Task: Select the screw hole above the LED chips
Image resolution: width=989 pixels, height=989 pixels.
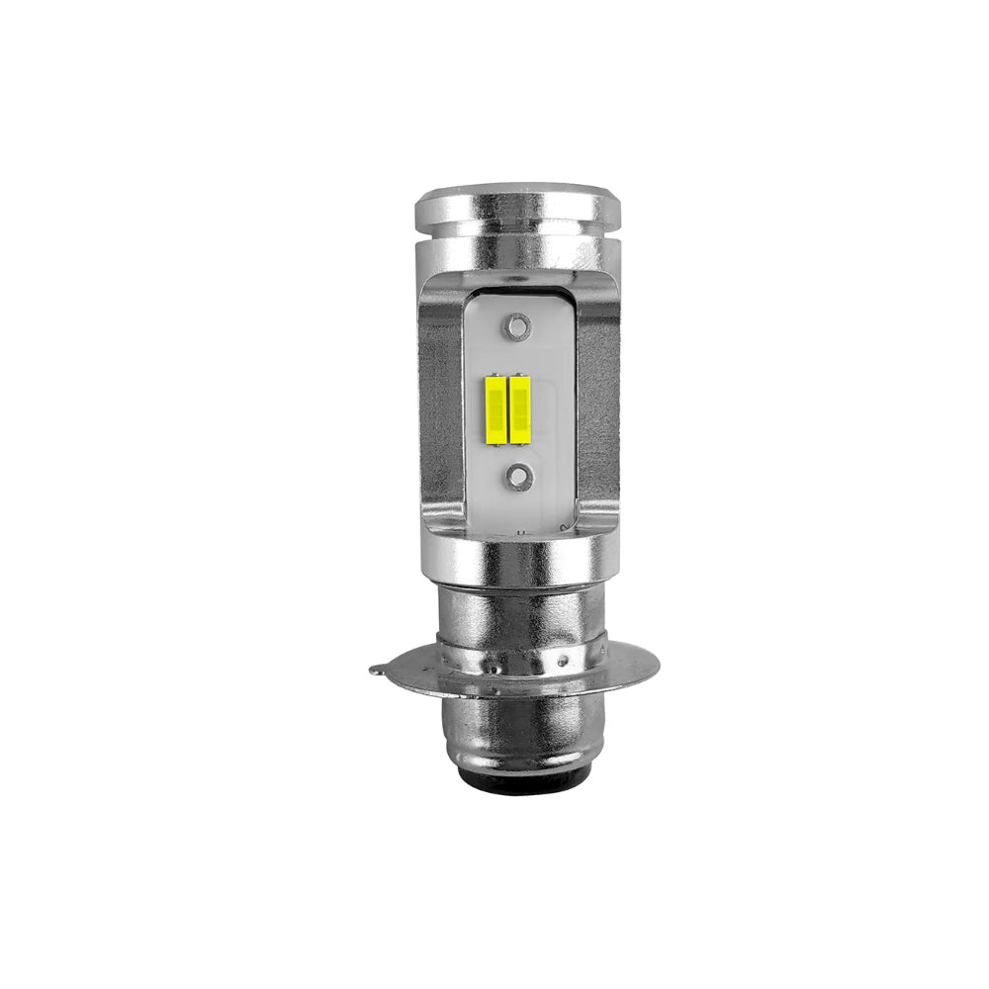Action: (x=515, y=324)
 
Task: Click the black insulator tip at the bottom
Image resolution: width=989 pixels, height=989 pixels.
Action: (x=519, y=784)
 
